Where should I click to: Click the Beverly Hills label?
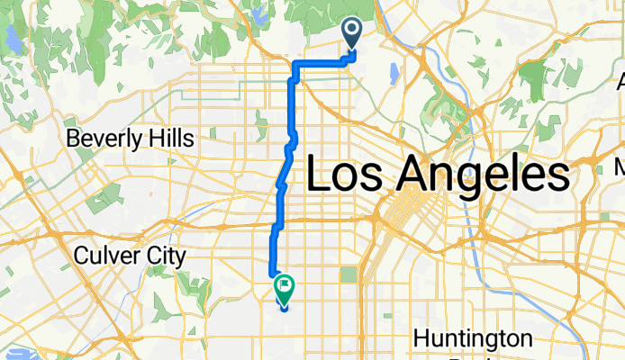click(x=131, y=139)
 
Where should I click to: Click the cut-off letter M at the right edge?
click(x=620, y=166)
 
